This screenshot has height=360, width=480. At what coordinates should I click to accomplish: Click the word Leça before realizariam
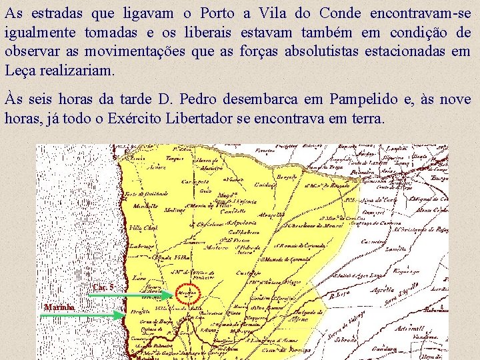coord(20,70)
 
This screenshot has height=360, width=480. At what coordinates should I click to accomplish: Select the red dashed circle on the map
coord(189,294)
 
